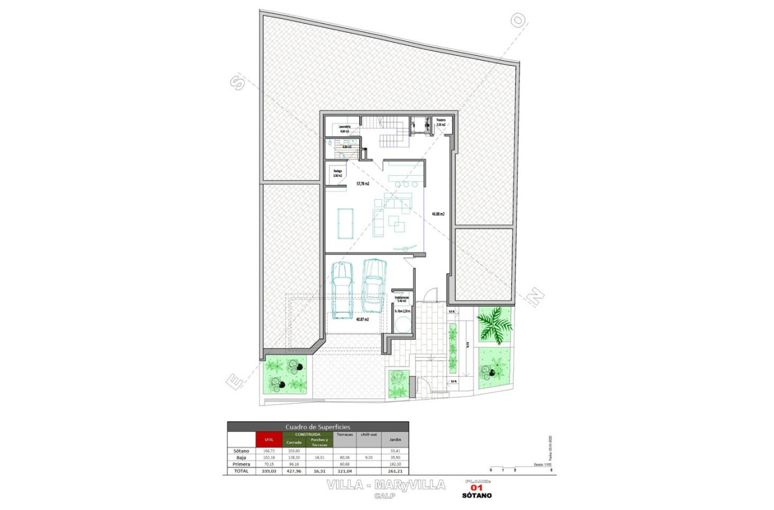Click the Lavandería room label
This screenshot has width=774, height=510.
click(x=344, y=128)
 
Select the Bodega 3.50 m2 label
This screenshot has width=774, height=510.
click(x=338, y=173)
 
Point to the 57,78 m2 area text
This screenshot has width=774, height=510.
click(x=362, y=184)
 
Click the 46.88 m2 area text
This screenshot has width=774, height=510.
click(x=438, y=214)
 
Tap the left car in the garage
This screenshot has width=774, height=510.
click(x=342, y=290)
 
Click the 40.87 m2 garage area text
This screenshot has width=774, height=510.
click(x=362, y=320)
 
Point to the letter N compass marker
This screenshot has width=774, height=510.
click(x=535, y=296)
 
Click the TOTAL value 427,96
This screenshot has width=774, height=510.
click(x=294, y=471)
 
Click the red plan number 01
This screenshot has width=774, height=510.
click(x=478, y=488)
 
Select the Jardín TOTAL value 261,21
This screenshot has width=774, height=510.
click(x=395, y=471)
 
